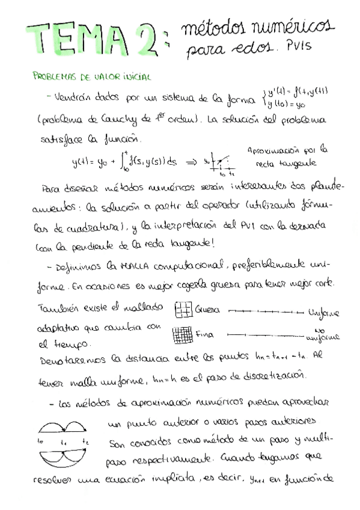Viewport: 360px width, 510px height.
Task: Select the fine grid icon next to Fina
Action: [x=182, y=334]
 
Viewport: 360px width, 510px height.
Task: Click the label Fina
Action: [x=205, y=333]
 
